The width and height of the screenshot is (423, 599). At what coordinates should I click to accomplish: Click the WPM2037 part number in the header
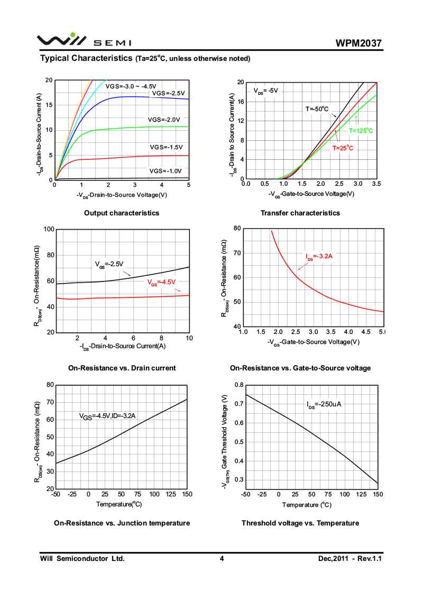tap(358, 43)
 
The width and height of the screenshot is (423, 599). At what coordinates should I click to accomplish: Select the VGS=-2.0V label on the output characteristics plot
tap(164, 120)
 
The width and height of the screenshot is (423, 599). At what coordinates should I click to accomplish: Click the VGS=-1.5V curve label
tap(165, 147)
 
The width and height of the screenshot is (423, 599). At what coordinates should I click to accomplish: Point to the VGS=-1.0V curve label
tap(165, 171)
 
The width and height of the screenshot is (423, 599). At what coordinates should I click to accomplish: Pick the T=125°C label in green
tap(361, 130)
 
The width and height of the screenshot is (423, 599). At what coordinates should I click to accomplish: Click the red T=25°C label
tap(343, 148)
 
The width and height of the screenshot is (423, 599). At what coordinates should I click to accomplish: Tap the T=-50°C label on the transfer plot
tap(317, 110)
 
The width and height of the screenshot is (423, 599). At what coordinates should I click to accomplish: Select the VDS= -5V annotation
tap(265, 90)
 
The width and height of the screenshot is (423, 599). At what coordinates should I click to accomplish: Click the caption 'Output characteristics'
tap(122, 213)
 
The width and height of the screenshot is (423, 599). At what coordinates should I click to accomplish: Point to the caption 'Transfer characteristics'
tap(300, 213)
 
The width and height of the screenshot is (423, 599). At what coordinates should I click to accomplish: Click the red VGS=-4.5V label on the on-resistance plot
tap(161, 282)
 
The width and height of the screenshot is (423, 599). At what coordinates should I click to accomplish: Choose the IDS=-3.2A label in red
tap(319, 257)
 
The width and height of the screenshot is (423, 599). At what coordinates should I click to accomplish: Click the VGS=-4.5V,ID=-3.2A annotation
tap(107, 416)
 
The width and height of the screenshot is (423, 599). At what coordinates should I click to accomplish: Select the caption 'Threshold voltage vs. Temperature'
tap(300, 523)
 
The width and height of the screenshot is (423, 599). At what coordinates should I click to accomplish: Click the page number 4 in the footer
tap(222, 558)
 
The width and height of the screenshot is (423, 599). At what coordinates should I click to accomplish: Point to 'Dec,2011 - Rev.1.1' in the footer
tap(350, 558)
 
